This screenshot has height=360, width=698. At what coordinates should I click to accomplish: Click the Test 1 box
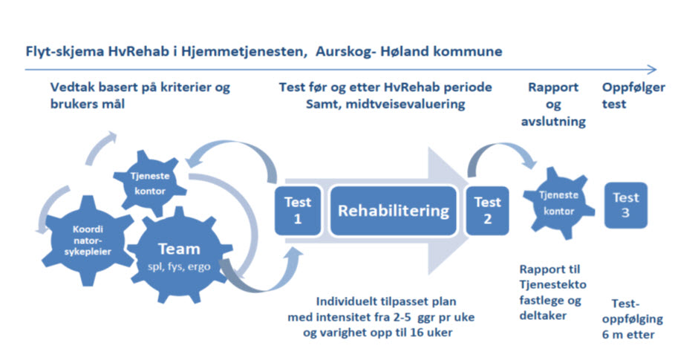tap(297, 211)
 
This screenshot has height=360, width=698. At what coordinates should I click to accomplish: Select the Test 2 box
tap(487, 211)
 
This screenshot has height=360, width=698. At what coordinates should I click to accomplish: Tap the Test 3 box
tap(625, 205)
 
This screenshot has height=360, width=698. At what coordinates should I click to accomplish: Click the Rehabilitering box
tap(393, 211)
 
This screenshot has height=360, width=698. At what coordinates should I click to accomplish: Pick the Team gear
tap(179, 255)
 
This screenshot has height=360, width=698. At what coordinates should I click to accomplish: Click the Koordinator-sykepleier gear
tap(88, 240)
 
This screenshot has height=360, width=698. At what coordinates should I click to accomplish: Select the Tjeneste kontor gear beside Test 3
tap(558, 203)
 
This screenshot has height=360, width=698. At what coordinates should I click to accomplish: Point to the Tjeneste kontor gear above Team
tap(149, 183)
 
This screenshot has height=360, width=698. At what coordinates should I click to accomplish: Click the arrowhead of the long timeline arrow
tap(652, 70)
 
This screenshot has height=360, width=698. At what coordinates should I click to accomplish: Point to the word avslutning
tap(553, 122)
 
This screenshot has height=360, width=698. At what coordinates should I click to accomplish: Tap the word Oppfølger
tap(633, 88)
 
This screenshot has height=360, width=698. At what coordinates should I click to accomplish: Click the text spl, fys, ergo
tap(179, 267)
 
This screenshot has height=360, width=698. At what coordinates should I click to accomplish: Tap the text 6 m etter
tap(628, 335)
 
